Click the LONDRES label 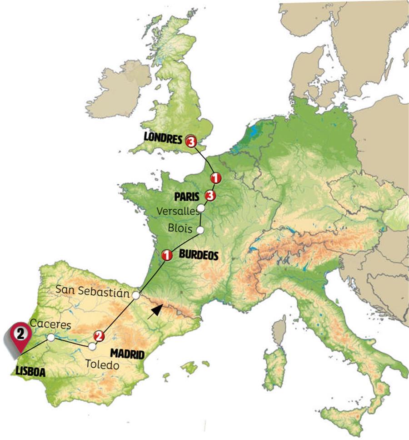click(x=162, y=138)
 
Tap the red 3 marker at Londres click(x=190, y=142)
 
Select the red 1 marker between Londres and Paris click(x=215, y=178)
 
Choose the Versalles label click(x=177, y=211)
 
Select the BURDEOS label click(x=199, y=256)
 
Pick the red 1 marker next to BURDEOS click(x=167, y=256)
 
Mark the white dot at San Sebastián click(x=135, y=295)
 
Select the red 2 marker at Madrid click(x=99, y=337)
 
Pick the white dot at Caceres click(x=51, y=337)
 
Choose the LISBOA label click(x=31, y=371)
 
